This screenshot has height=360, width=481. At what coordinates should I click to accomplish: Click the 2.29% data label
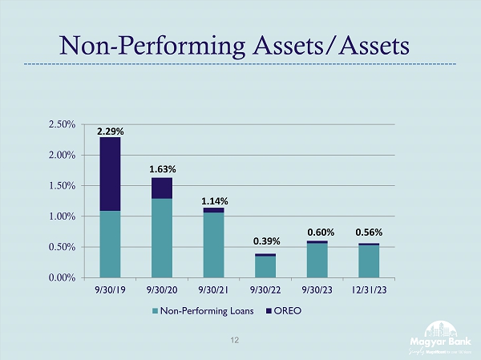(110, 129)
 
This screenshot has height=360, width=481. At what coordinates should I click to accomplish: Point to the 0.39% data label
(265, 241)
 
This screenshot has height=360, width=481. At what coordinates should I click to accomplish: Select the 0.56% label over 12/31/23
(369, 233)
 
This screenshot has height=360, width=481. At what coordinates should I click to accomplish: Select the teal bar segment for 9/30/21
(214, 245)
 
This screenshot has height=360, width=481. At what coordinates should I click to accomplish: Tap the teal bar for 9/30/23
(317, 261)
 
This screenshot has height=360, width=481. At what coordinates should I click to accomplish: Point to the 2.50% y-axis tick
(63, 125)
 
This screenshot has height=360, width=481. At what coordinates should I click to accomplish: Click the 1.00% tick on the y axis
(63, 216)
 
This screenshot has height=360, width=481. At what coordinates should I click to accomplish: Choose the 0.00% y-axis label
(63, 277)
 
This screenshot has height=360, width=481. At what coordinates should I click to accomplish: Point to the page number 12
(235, 340)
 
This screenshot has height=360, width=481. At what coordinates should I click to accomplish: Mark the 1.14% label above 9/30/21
(214, 200)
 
